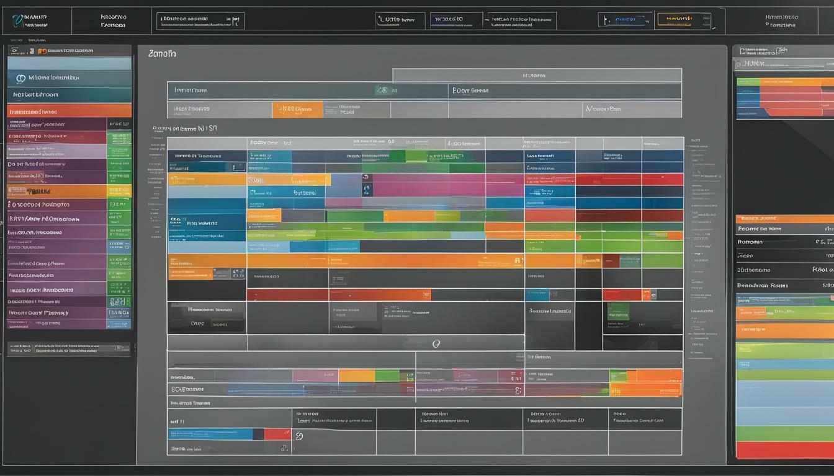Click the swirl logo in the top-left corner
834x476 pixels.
(x=17, y=21)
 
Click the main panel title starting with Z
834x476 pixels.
(x=162, y=54)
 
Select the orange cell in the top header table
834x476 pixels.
(x=297, y=110)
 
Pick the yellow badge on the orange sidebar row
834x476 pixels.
(x=119, y=191)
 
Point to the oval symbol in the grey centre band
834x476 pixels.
(x=436, y=343)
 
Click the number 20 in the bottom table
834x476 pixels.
(x=300, y=436)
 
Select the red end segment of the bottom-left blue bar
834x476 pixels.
(x=277, y=434)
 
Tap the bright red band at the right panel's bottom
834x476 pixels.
(x=784, y=449)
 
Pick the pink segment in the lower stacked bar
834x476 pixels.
(x=315, y=376)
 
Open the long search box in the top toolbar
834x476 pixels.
(x=200, y=21)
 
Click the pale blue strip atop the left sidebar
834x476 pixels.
(x=69, y=63)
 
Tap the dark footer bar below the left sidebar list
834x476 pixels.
(x=69, y=349)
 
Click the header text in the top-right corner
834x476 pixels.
(x=781, y=21)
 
